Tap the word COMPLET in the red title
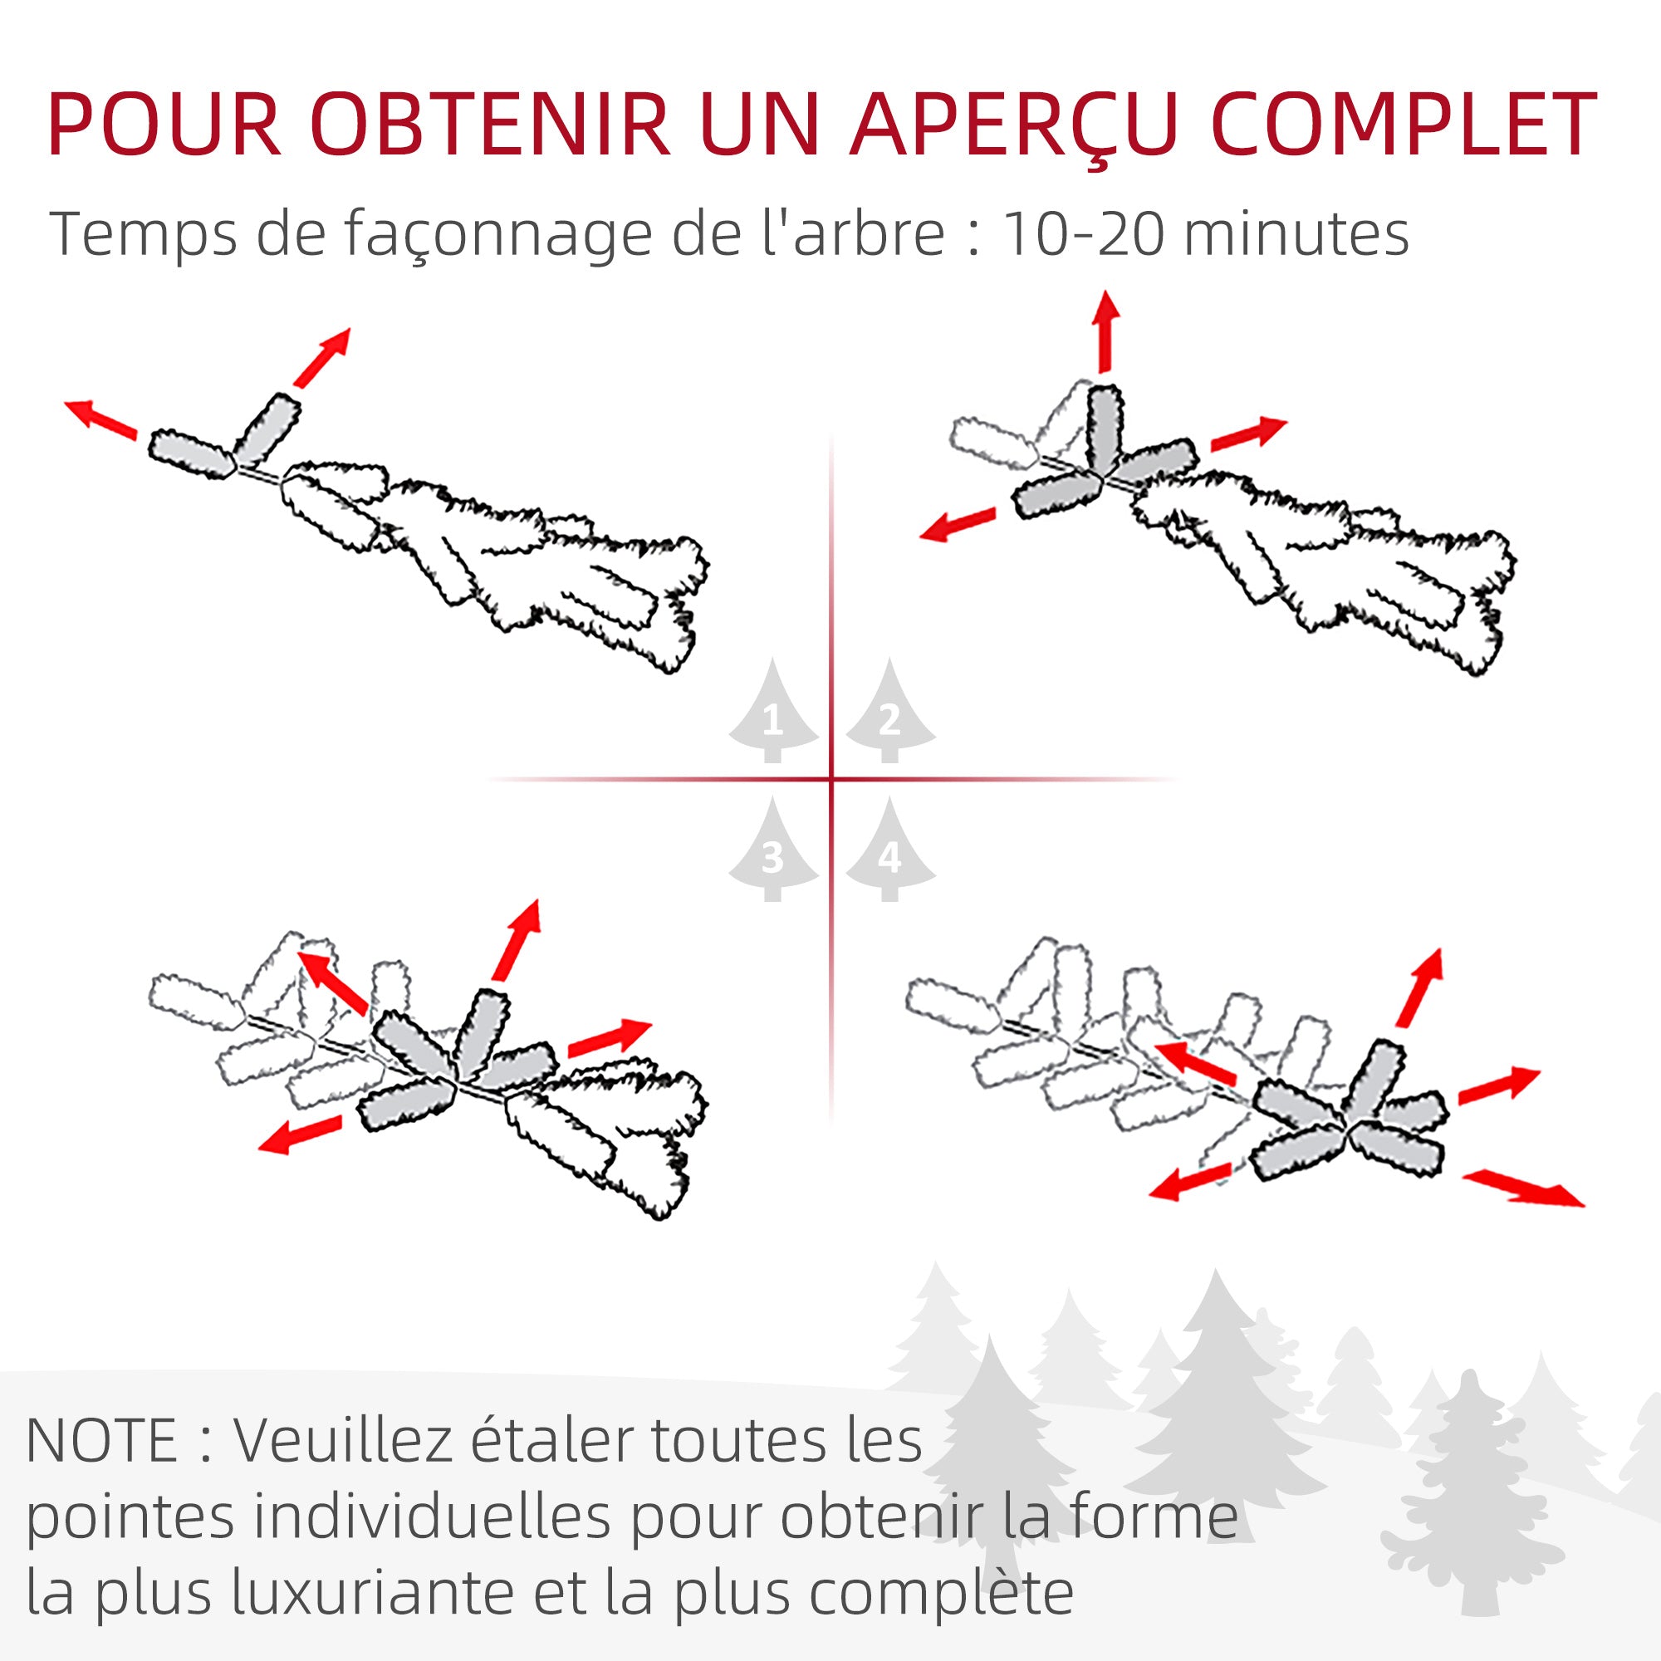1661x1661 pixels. coord(1404,125)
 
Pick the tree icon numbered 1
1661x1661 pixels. coord(773,713)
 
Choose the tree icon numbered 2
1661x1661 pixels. coord(889,713)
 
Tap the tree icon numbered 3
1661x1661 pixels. coord(773,852)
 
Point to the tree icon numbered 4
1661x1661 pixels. coord(889,852)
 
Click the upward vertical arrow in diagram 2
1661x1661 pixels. coord(1105,331)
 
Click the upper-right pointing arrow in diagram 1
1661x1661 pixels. coord(322,357)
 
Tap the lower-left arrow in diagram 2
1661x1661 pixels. coord(957,524)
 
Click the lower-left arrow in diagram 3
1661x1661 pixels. coord(300,1135)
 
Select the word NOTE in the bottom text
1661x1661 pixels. coord(101,1440)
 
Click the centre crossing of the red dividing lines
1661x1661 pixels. coord(831,780)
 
